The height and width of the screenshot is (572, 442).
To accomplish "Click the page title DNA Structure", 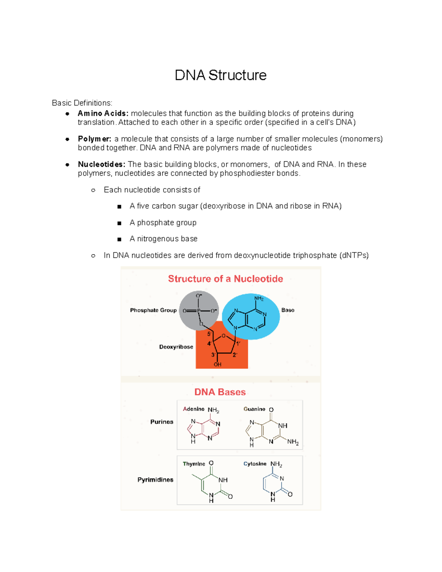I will [x=220, y=75].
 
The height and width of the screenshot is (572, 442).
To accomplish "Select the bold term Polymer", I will [x=94, y=139].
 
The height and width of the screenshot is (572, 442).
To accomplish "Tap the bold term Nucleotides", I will [x=101, y=164].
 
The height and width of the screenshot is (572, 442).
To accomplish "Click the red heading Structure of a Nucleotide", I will [x=225, y=279].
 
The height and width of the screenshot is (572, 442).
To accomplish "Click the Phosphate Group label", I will [x=153, y=310].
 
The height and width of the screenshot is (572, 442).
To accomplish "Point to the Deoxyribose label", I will [x=176, y=347].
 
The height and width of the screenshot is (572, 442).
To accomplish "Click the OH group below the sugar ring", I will [x=218, y=364].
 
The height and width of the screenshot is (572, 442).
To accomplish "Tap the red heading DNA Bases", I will [x=220, y=392].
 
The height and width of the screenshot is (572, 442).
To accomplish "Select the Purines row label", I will [x=162, y=422].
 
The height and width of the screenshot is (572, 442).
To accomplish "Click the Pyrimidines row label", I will [x=155, y=480].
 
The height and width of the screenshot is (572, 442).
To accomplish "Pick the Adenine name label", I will [x=194, y=409].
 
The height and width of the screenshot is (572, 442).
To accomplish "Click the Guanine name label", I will [x=254, y=409].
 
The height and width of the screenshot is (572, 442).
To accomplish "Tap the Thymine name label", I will [x=194, y=464].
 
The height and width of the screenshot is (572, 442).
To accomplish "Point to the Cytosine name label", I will [x=255, y=464].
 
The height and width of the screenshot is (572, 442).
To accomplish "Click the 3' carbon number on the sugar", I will [x=213, y=355].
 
